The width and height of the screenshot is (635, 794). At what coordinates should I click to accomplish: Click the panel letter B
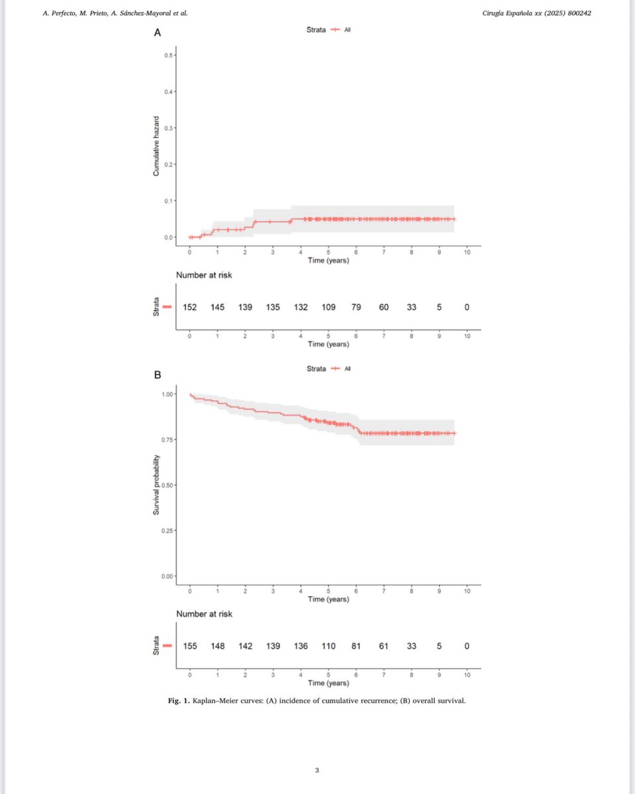point(158,375)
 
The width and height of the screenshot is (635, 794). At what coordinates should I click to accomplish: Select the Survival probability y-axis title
point(156,484)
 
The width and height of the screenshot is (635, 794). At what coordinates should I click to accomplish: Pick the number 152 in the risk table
point(190,307)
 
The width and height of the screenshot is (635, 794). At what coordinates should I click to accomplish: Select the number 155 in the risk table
point(190,646)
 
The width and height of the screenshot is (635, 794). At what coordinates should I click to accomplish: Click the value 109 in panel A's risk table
point(328,307)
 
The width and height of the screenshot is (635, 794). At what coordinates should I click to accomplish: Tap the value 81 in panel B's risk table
point(356,646)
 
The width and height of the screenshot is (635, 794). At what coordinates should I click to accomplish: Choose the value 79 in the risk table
point(356,307)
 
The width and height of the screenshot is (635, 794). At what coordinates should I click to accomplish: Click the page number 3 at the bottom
point(317,770)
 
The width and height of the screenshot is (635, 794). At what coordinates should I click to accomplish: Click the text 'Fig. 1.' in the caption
point(179,701)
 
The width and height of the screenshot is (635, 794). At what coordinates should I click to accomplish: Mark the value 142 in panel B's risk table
point(246,646)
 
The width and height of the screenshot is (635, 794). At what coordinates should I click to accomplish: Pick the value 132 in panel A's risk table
point(301,307)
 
